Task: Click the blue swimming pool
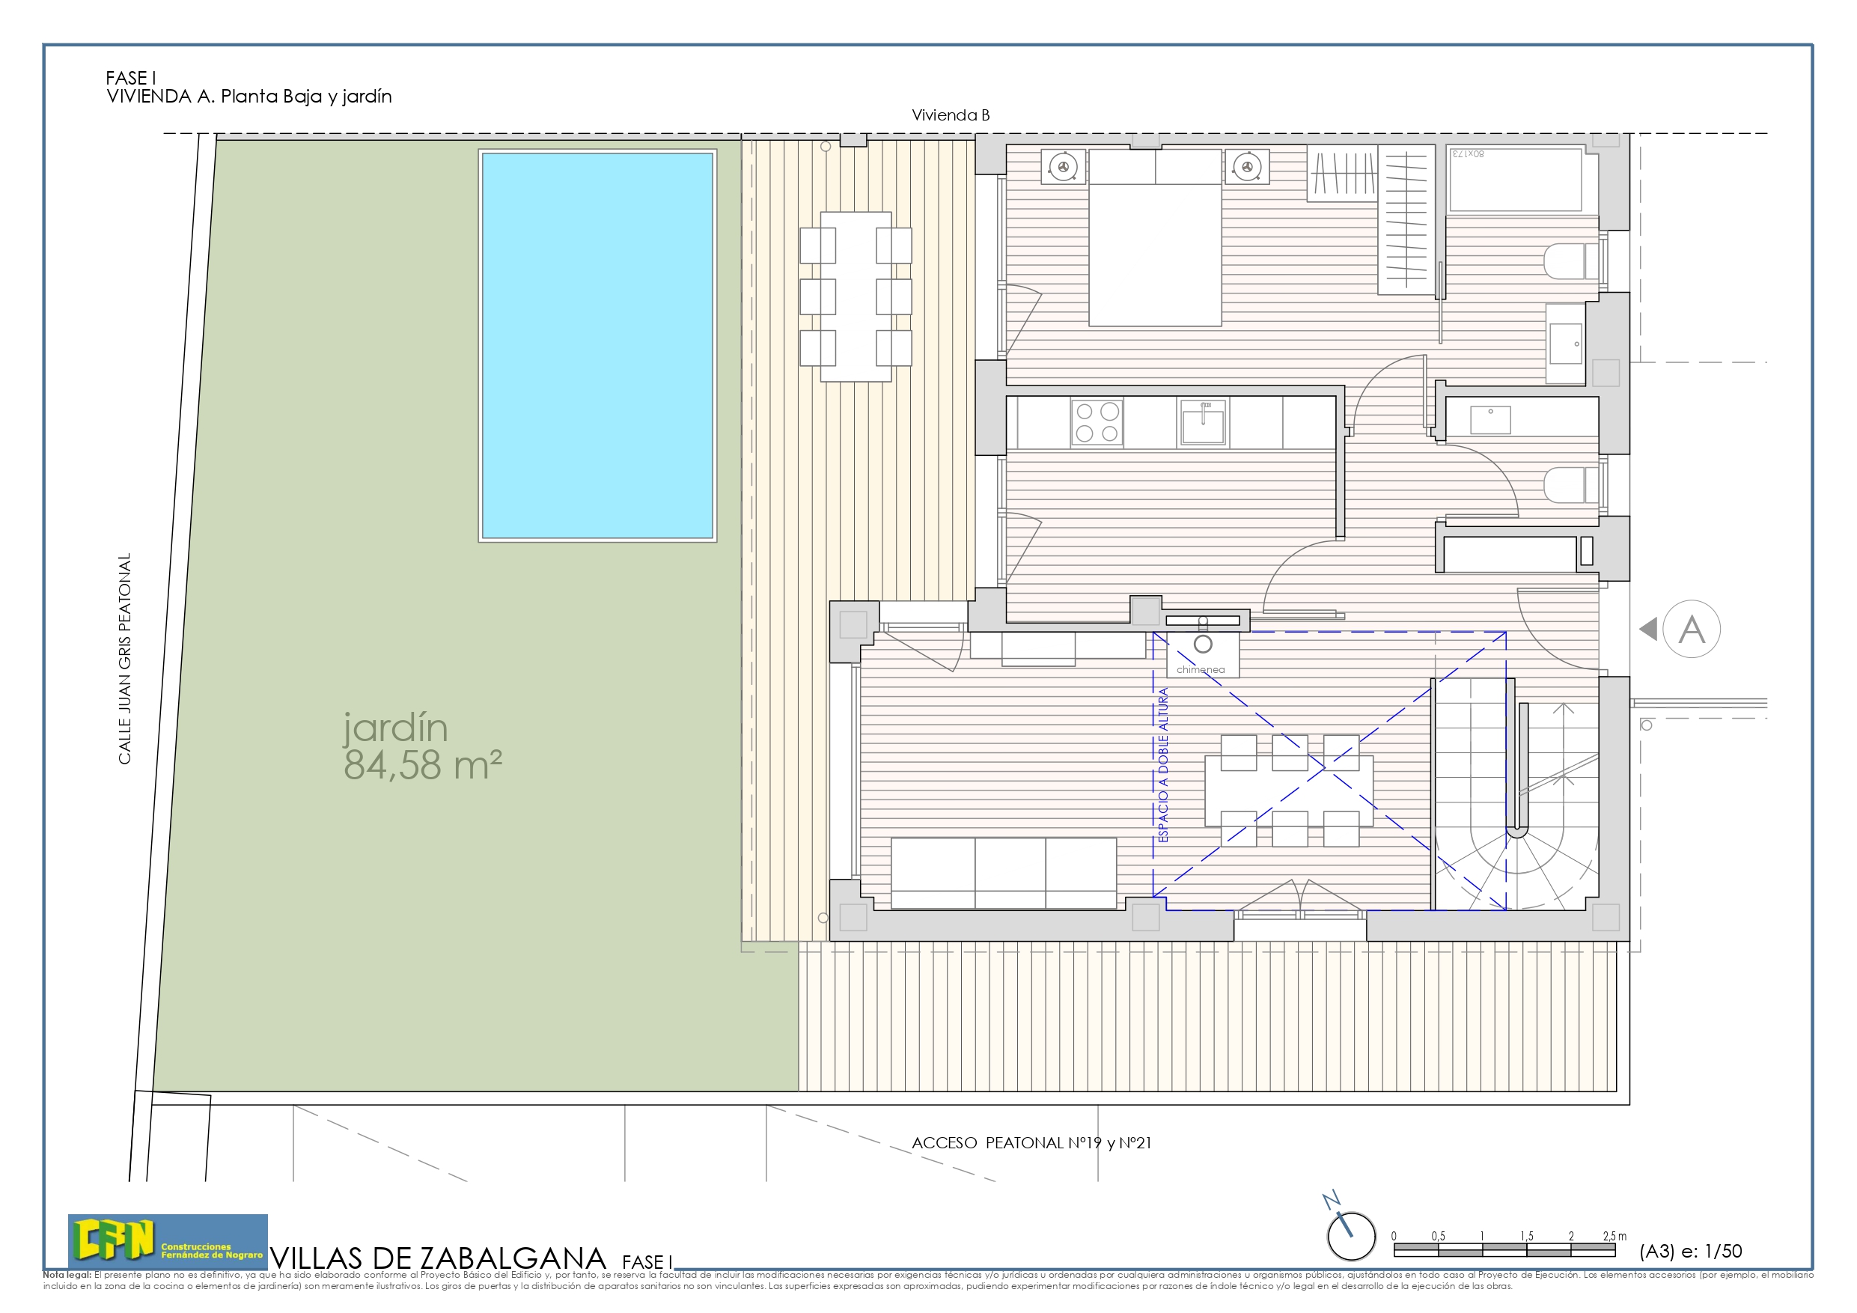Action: (x=598, y=345)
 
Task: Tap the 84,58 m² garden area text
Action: (x=422, y=765)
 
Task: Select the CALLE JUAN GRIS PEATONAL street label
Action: (x=124, y=658)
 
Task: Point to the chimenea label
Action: (x=1201, y=670)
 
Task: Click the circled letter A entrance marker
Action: (x=1691, y=630)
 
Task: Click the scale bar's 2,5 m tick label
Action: (x=1614, y=1236)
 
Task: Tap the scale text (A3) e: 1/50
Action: (x=1690, y=1252)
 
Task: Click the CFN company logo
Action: (x=168, y=1241)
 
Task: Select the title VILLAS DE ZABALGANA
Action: (x=439, y=1258)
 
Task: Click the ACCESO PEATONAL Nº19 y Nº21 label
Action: (x=1031, y=1143)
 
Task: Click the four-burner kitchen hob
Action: (x=1097, y=422)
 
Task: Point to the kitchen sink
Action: (x=1203, y=422)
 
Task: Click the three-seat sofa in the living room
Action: (x=1004, y=873)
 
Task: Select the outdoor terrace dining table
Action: (x=856, y=296)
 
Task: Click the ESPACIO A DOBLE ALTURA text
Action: (x=1163, y=764)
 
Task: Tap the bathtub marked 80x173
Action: (x=1515, y=180)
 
